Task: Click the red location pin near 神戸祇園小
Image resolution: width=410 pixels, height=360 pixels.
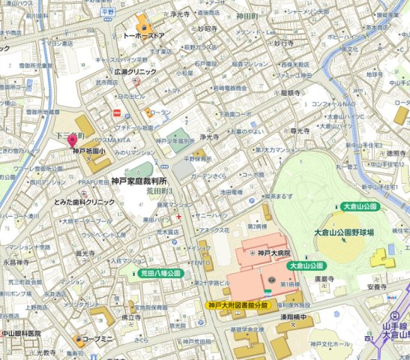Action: click(x=73, y=139)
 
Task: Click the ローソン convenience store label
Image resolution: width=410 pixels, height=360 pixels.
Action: click(x=160, y=112)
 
